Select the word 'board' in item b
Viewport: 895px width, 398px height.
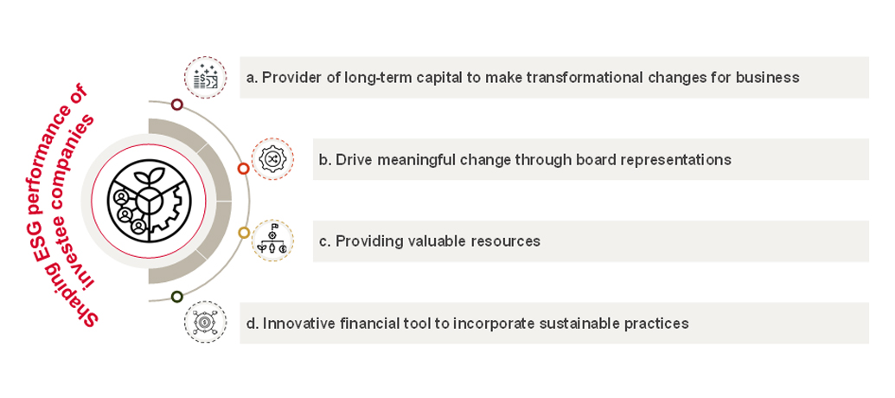585,160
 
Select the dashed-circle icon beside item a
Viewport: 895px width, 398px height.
205,78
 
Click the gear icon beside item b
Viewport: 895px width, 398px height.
272,159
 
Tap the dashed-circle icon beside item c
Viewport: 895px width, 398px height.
272,241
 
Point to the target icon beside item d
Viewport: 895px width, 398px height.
205,323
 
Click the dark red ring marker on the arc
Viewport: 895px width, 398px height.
177,105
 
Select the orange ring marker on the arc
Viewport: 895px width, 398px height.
243,169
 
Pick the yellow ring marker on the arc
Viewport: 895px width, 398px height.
243,232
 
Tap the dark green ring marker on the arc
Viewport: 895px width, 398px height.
177,297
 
